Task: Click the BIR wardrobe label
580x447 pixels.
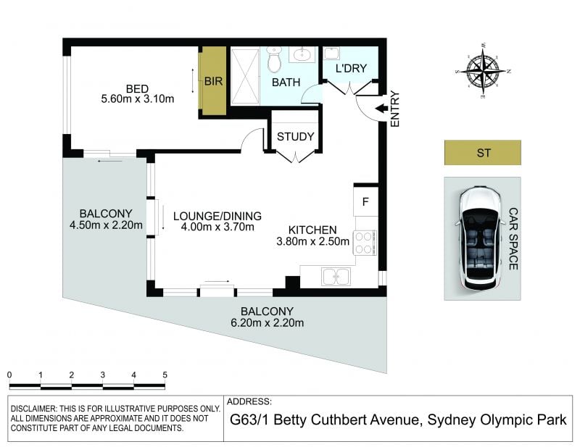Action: coord(213,81)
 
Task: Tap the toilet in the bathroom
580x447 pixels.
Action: coord(274,59)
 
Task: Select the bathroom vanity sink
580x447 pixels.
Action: coord(302,55)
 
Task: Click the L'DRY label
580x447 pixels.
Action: coord(351,68)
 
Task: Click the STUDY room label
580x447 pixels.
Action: coord(295,137)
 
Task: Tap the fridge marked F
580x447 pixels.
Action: coord(365,202)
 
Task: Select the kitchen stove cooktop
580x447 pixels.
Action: coord(365,243)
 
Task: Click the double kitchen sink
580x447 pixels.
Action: coord(336,277)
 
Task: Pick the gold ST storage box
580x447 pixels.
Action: coord(483,152)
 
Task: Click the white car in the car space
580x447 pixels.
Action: coord(480,239)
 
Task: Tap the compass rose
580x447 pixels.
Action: coord(483,70)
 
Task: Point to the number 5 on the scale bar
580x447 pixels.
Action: coord(165,375)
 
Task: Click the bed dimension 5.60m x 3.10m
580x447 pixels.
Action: coord(138,99)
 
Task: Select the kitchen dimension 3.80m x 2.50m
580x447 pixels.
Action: coord(313,241)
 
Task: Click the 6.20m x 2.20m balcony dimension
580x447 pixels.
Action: coord(267,323)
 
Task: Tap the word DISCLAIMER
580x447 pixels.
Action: coord(33,409)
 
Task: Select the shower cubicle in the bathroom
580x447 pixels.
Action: coord(245,76)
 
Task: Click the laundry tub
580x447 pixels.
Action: coord(331,53)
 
